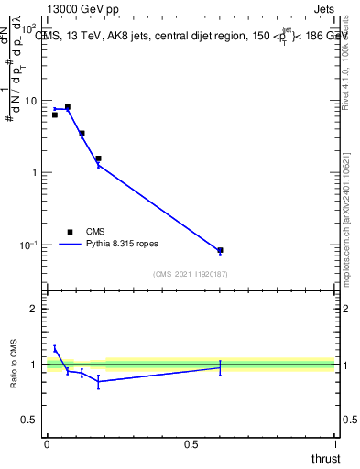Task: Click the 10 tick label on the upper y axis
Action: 32,101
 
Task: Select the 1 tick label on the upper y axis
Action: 36,173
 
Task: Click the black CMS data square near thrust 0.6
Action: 220,250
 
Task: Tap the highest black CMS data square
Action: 68,107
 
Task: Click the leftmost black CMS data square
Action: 55,115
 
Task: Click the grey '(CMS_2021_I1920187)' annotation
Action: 191,273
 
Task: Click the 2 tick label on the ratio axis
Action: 36,309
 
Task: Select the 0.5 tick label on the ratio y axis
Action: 30,420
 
